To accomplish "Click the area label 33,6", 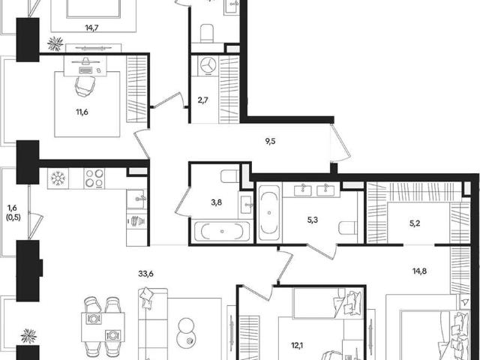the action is tap(145, 274).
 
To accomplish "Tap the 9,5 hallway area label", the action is tap(271, 142).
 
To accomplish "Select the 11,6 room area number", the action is tap(82, 112).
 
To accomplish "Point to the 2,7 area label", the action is tap(203, 100).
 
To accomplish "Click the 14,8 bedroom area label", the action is tap(419, 271).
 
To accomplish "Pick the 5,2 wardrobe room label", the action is tap(415, 223).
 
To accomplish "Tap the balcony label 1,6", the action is tap(12, 208).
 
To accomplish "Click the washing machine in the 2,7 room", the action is tap(208, 65).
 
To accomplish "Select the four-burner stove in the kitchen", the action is tap(94, 178).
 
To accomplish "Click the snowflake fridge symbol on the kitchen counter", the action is tap(58, 178).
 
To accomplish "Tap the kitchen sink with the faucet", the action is tap(136, 199).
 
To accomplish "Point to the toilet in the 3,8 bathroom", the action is tap(230, 176).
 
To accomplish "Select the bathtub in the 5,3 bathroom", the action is tap(269, 212).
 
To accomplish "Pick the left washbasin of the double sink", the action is tap(303, 190).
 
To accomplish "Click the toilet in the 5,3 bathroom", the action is tap(348, 228).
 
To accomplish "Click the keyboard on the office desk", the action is tap(85, 70).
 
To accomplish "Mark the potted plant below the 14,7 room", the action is tap(55, 43).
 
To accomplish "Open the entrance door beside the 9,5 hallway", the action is tap(340, 142).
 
